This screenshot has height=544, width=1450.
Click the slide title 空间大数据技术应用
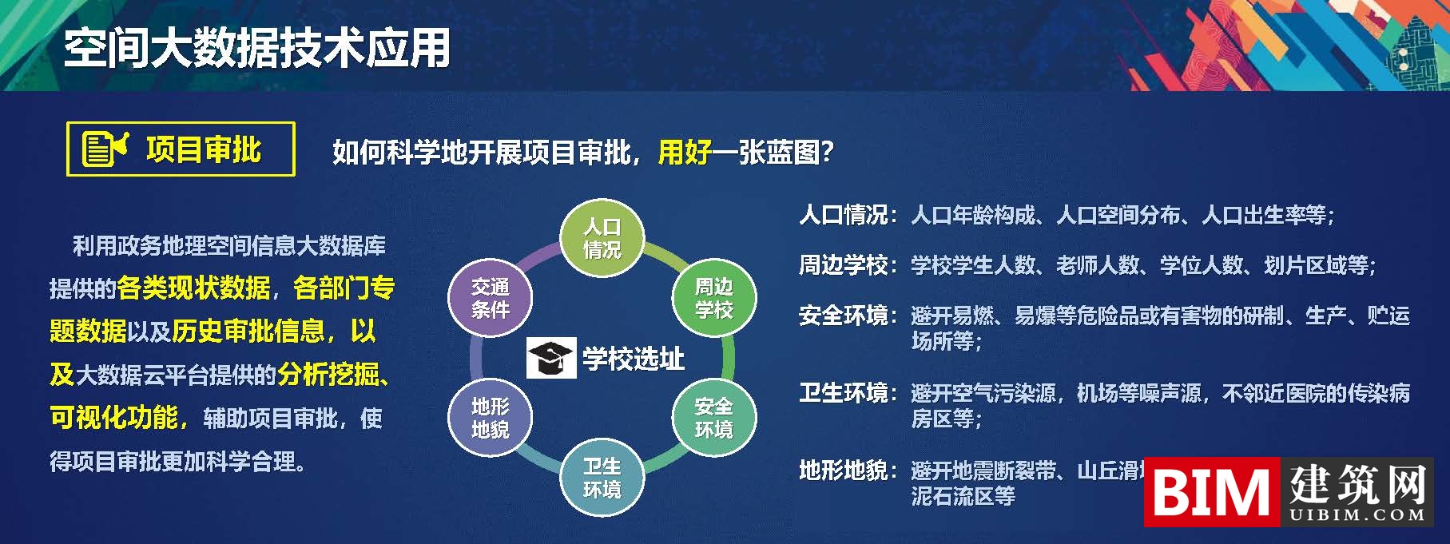(257, 48)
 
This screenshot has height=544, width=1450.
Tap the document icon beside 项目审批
(105, 149)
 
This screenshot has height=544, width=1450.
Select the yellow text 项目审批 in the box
(204, 149)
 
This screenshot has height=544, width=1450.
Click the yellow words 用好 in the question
(684, 152)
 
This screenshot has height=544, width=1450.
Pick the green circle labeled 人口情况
(602, 238)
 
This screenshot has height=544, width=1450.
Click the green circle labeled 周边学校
(713, 298)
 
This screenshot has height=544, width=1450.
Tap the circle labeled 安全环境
(713, 418)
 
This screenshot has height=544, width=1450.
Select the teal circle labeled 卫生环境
(602, 478)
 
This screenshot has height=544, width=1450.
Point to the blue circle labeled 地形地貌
(490, 418)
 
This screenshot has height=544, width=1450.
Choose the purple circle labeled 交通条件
(490, 298)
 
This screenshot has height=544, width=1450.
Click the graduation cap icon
(550, 359)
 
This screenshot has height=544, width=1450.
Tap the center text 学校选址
(633, 359)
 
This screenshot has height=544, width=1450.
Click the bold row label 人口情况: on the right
(848, 215)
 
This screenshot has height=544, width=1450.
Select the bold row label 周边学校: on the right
(848, 265)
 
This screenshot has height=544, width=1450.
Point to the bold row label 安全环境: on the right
(848, 316)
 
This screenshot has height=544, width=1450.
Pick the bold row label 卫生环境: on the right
(848, 393)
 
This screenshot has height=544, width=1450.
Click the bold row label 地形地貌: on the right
(848, 471)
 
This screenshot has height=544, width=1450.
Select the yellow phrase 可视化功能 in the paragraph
(114, 417)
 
